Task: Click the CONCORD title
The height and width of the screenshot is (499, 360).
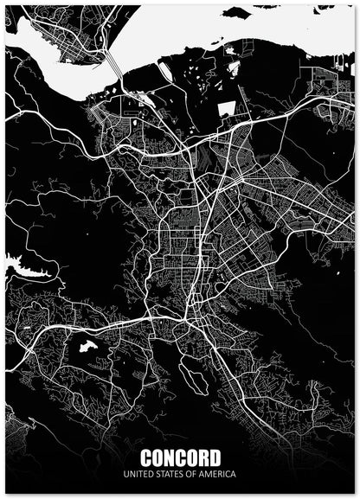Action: coord(180,457)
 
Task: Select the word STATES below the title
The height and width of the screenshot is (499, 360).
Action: coord(170,475)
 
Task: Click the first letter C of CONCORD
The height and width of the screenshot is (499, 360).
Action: coord(145,457)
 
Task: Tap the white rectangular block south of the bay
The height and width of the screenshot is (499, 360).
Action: coord(226,110)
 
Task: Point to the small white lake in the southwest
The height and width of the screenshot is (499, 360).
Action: coord(87,346)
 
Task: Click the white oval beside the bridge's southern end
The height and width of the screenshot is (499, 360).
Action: coord(148,100)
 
